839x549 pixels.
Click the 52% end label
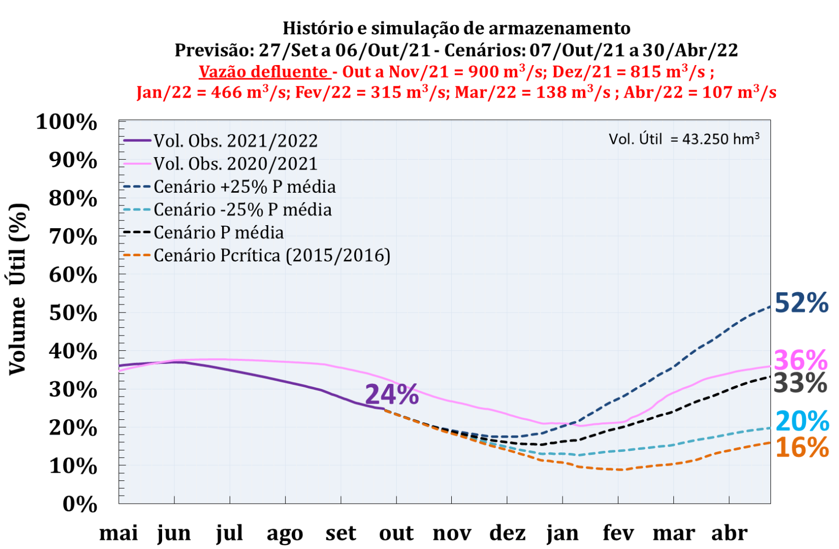tap(801, 303)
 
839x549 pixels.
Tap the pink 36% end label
tap(800, 360)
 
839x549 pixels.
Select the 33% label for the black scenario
tap(800, 383)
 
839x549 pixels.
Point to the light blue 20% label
tap(802, 421)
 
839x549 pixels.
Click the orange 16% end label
tap(802, 447)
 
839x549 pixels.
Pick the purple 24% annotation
tap(392, 394)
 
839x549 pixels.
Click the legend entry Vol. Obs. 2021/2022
tap(235, 141)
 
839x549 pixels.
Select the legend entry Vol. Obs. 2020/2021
tap(235, 164)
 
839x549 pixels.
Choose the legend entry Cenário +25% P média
tap(244, 187)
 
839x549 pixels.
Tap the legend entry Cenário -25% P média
tap(242, 209)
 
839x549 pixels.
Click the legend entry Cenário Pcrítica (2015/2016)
tap(272, 255)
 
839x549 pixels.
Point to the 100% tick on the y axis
tap(67, 122)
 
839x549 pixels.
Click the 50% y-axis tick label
tap(73, 313)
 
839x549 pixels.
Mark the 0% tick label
tap(80, 504)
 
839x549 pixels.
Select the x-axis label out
tap(396, 533)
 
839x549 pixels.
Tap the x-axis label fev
tap(618, 533)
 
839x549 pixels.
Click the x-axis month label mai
tap(118, 533)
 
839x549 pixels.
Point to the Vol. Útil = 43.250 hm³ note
tap(684, 139)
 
